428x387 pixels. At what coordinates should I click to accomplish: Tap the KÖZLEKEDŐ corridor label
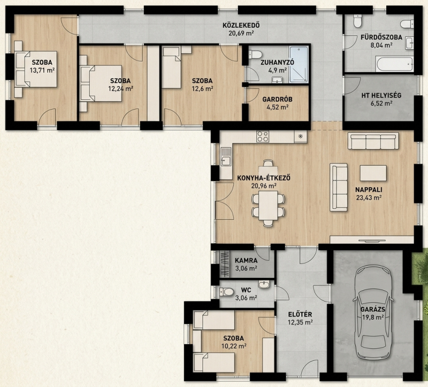click(x=241, y=25)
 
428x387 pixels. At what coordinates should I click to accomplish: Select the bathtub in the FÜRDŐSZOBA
click(x=395, y=64)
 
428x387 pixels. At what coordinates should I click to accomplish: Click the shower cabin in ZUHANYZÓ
click(x=299, y=64)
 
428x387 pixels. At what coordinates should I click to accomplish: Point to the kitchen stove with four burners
click(x=263, y=136)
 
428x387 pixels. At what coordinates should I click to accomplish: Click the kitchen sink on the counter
click(x=226, y=157)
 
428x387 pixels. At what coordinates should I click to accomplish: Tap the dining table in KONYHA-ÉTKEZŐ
click(x=268, y=205)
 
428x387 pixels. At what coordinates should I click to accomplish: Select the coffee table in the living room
click(x=373, y=173)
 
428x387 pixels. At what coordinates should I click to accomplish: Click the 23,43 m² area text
click(x=369, y=197)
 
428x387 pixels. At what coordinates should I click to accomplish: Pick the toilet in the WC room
click(x=226, y=292)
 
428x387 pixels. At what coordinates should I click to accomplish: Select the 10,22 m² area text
click(x=234, y=346)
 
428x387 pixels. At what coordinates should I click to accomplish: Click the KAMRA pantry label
click(x=246, y=260)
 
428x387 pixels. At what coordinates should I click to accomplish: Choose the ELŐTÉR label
click(x=300, y=314)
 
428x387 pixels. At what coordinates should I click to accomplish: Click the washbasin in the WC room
click(x=264, y=284)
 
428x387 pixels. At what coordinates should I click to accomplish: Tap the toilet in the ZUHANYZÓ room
click(x=255, y=55)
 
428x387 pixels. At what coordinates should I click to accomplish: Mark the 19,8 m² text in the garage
click(x=373, y=317)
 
